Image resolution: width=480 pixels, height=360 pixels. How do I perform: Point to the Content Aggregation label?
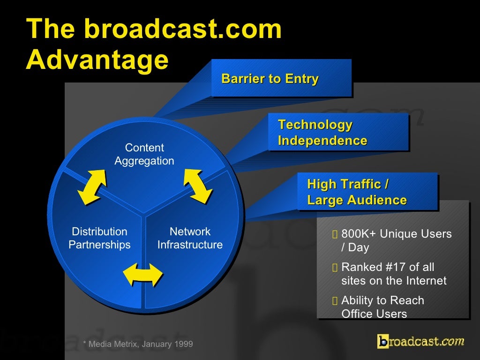(x=144, y=155)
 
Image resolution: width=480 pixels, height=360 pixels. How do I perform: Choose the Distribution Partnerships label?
(x=99, y=238)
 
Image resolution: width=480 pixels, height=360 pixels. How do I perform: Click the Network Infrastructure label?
(x=190, y=238)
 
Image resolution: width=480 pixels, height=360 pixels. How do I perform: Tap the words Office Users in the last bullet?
(x=374, y=314)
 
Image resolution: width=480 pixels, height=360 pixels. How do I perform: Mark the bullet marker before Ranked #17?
(x=334, y=268)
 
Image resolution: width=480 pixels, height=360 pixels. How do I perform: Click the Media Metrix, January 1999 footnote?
(x=138, y=345)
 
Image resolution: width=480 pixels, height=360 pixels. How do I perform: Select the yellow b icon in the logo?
(x=383, y=341)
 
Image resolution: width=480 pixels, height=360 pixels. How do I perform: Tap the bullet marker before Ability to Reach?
(x=334, y=301)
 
